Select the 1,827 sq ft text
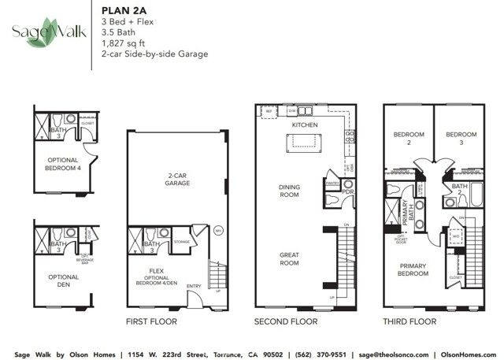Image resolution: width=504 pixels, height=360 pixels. click(x=120, y=44)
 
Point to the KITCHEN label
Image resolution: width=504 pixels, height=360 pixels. click(x=304, y=125)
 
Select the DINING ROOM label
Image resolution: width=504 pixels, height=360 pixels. click(x=289, y=191)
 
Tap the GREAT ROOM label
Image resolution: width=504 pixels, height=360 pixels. click(x=289, y=258)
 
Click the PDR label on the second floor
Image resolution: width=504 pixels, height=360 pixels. click(x=347, y=191)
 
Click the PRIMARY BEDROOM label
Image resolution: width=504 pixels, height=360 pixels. click(x=413, y=269)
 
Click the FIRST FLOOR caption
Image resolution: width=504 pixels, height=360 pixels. click(x=151, y=321)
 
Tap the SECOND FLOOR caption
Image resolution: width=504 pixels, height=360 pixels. click(x=285, y=321)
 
